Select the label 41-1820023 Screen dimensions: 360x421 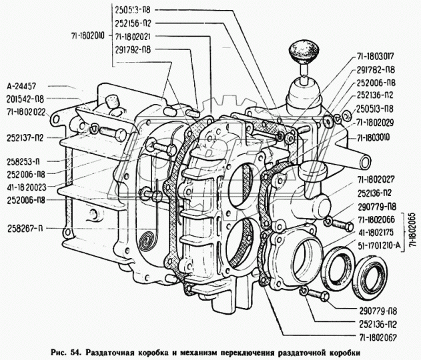[27, 187]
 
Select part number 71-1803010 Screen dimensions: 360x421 [378, 137]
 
